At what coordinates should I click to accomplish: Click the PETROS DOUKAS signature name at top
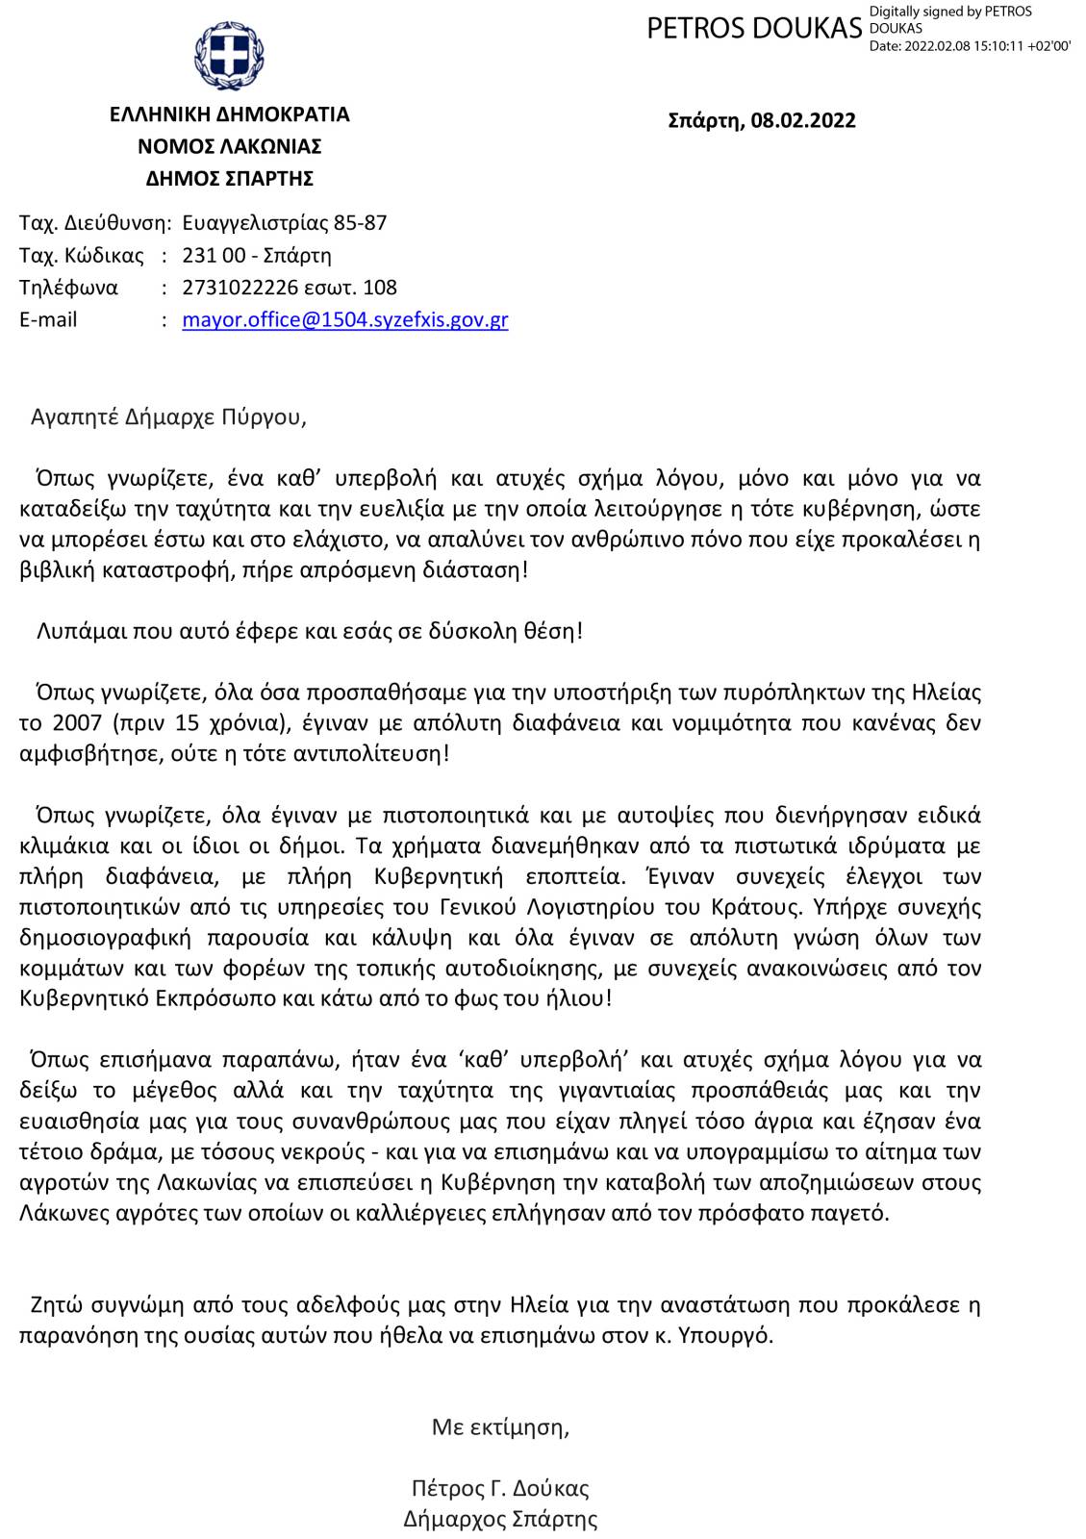[x=754, y=29]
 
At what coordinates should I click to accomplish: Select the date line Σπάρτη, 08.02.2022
[x=761, y=120]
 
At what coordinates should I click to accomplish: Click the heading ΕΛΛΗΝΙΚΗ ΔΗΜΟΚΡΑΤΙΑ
[x=229, y=114]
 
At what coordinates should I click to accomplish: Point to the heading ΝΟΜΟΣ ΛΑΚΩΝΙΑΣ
[x=229, y=146]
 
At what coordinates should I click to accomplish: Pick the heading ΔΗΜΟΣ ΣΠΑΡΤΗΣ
[x=229, y=178]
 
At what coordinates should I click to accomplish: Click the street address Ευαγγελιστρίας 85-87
[x=284, y=223]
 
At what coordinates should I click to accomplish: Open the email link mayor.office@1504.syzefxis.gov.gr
[x=344, y=319]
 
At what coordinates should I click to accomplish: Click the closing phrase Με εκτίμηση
[x=499, y=1426]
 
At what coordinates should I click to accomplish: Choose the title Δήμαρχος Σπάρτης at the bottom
[x=500, y=1519]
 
